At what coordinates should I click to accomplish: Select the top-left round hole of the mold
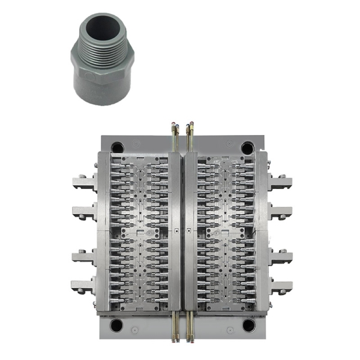pos(118,147)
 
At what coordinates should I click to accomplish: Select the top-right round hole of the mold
pos(247,147)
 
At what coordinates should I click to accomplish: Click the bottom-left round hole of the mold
pos(116,326)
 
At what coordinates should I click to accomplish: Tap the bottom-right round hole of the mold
pos(248,326)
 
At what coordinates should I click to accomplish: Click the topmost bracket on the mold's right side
pos(280,181)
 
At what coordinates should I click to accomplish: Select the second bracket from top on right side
pos(280,211)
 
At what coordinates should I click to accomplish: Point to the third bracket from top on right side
pos(280,256)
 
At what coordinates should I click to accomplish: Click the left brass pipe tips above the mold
pos(175,127)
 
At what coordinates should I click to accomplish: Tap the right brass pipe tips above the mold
pos(190,127)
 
